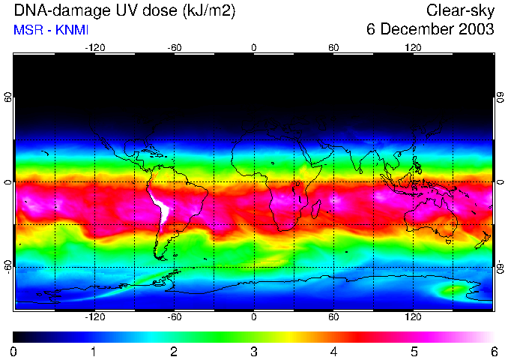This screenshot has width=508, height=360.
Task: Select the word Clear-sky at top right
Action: [460, 10]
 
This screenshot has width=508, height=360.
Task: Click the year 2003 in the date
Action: [476, 30]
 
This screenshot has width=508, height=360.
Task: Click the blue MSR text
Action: [26, 30]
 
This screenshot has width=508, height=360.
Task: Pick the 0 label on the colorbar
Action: [14, 351]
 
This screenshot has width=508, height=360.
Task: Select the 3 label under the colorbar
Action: [254, 351]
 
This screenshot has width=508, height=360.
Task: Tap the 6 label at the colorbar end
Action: [493, 351]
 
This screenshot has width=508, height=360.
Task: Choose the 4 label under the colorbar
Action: [333, 351]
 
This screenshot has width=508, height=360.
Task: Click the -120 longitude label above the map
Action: [94, 47]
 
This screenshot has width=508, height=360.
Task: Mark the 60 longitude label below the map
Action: [333, 317]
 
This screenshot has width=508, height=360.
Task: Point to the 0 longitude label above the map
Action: [254, 47]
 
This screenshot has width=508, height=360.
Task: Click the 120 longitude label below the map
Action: [414, 317]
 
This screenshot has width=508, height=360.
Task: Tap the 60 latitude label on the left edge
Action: [8, 97]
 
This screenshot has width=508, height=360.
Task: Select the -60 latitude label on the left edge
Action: [8, 267]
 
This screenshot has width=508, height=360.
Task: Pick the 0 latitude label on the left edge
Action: [8, 182]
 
